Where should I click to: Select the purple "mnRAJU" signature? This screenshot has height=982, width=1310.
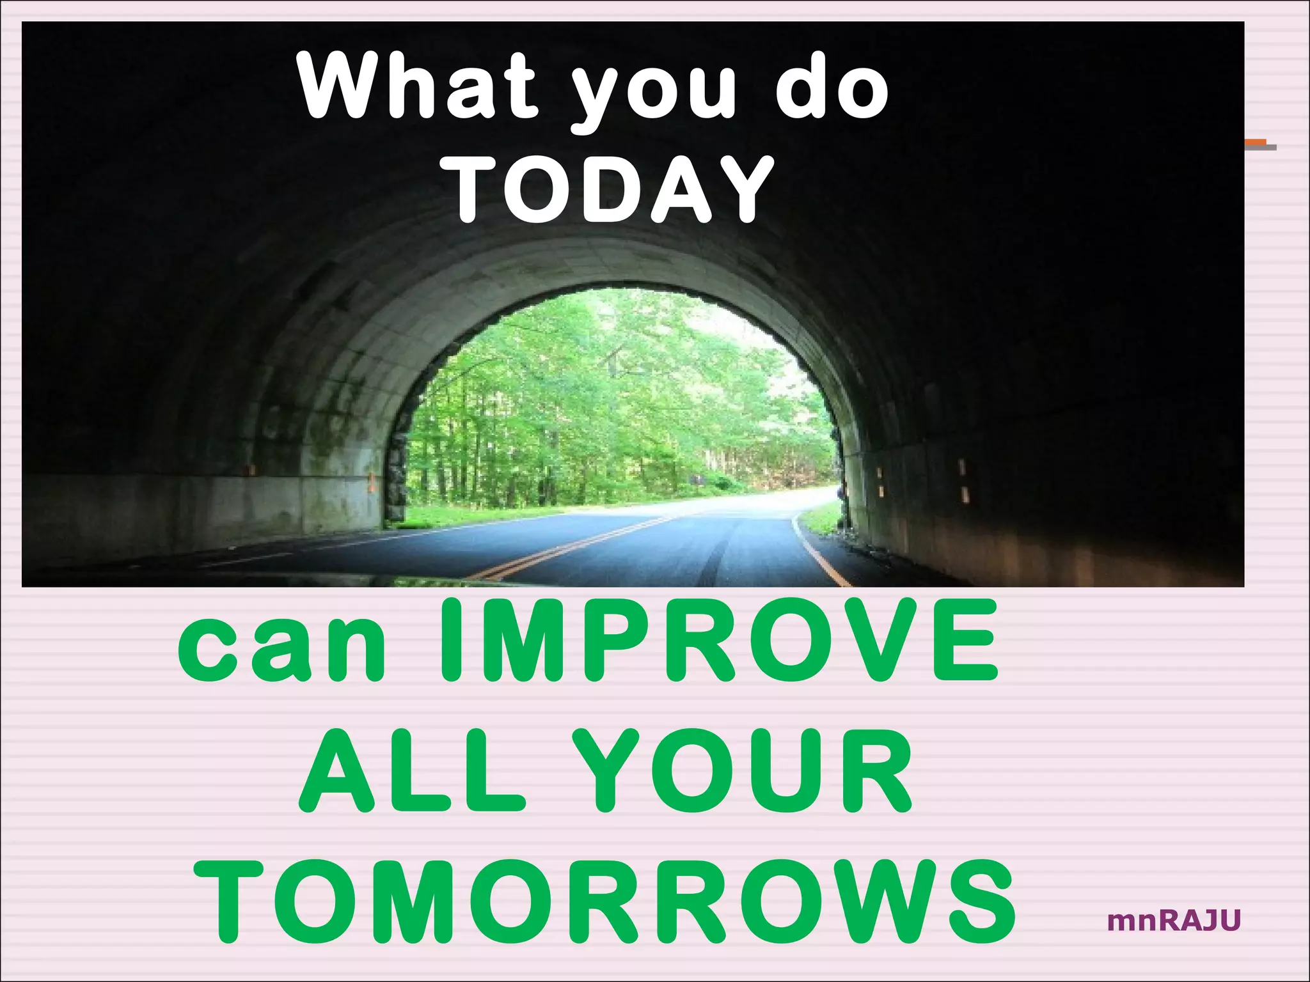point(1174,921)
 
